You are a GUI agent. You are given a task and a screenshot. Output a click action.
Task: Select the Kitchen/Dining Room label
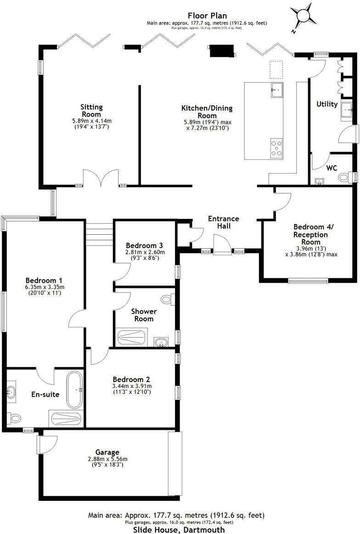point(207,112)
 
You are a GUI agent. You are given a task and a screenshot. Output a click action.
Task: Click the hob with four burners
point(276,148)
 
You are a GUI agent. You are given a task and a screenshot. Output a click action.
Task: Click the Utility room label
point(327,104)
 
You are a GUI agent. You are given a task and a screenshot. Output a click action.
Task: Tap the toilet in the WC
point(343,177)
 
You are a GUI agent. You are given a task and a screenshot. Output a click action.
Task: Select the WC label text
point(332,168)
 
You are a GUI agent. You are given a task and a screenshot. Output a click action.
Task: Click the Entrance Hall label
point(224,222)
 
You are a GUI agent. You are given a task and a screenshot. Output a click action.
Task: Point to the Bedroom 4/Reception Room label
point(311,234)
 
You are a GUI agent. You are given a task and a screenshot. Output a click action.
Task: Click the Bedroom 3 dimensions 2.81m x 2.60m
point(145,252)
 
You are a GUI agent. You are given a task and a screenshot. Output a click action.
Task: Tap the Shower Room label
point(144,315)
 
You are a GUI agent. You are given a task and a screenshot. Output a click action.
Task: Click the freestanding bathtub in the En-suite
point(74,390)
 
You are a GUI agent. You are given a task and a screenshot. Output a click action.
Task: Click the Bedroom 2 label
point(131,379)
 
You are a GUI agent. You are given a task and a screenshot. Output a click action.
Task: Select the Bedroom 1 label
point(44,281)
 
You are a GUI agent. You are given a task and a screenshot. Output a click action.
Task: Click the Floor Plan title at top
point(206,16)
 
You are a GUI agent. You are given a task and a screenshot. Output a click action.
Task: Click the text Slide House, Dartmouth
point(179,529)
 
